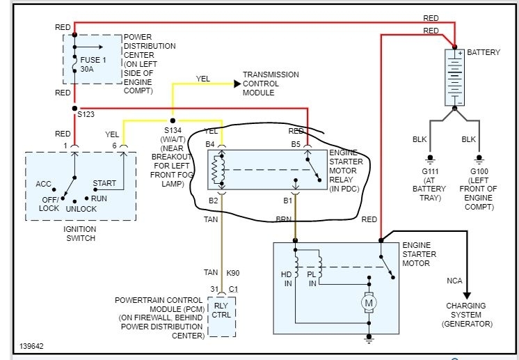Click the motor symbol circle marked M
click(369, 303)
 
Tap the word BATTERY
click(484, 52)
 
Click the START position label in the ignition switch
click(105, 184)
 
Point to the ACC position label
click(44, 184)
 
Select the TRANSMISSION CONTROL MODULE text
click(271, 84)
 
